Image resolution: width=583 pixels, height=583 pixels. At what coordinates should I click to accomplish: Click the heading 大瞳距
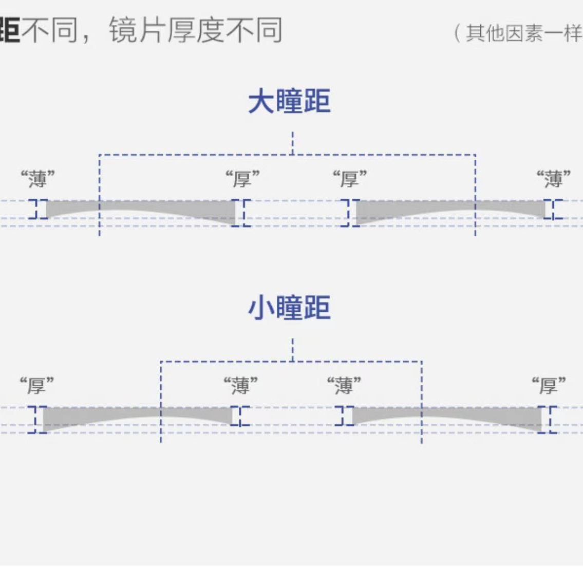pyautogui.click(x=289, y=101)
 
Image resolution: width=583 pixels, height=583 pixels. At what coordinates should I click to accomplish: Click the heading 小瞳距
pyautogui.click(x=289, y=308)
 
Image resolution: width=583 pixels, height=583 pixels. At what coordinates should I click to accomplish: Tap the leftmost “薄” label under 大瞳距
pyautogui.click(x=37, y=180)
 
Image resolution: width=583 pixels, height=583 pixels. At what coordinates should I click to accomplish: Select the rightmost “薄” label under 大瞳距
pyautogui.click(x=553, y=180)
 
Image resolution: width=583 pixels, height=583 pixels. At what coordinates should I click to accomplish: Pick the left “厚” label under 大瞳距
pyautogui.click(x=242, y=180)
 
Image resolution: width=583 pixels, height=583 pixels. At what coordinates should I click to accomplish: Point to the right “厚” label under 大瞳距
pyautogui.click(x=349, y=180)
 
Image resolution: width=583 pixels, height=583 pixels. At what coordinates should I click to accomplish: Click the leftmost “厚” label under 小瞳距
pyautogui.click(x=36, y=385)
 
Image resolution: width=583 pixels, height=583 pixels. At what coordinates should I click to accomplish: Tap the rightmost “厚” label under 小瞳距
pyautogui.click(x=548, y=385)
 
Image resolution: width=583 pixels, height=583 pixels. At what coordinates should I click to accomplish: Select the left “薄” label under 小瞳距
pyautogui.click(x=240, y=385)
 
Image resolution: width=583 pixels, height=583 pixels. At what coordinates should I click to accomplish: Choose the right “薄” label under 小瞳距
pyautogui.click(x=344, y=385)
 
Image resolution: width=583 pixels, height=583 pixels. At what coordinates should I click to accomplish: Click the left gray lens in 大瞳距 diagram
pyautogui.click(x=154, y=208)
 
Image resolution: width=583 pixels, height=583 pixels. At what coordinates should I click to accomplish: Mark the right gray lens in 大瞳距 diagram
pyautogui.click(x=437, y=209)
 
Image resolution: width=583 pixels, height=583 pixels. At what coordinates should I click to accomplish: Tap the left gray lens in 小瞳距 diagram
pyautogui.click(x=103, y=415)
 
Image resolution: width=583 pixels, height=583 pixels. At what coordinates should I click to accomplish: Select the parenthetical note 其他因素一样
pyautogui.click(x=521, y=34)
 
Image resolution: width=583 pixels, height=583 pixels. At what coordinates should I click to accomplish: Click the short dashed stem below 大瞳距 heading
pyautogui.click(x=292, y=142)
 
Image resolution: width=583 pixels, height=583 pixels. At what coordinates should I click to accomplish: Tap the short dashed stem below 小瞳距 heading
pyautogui.click(x=292, y=349)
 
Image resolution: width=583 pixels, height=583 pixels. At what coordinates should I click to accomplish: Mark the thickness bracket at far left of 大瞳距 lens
pyautogui.click(x=38, y=209)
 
